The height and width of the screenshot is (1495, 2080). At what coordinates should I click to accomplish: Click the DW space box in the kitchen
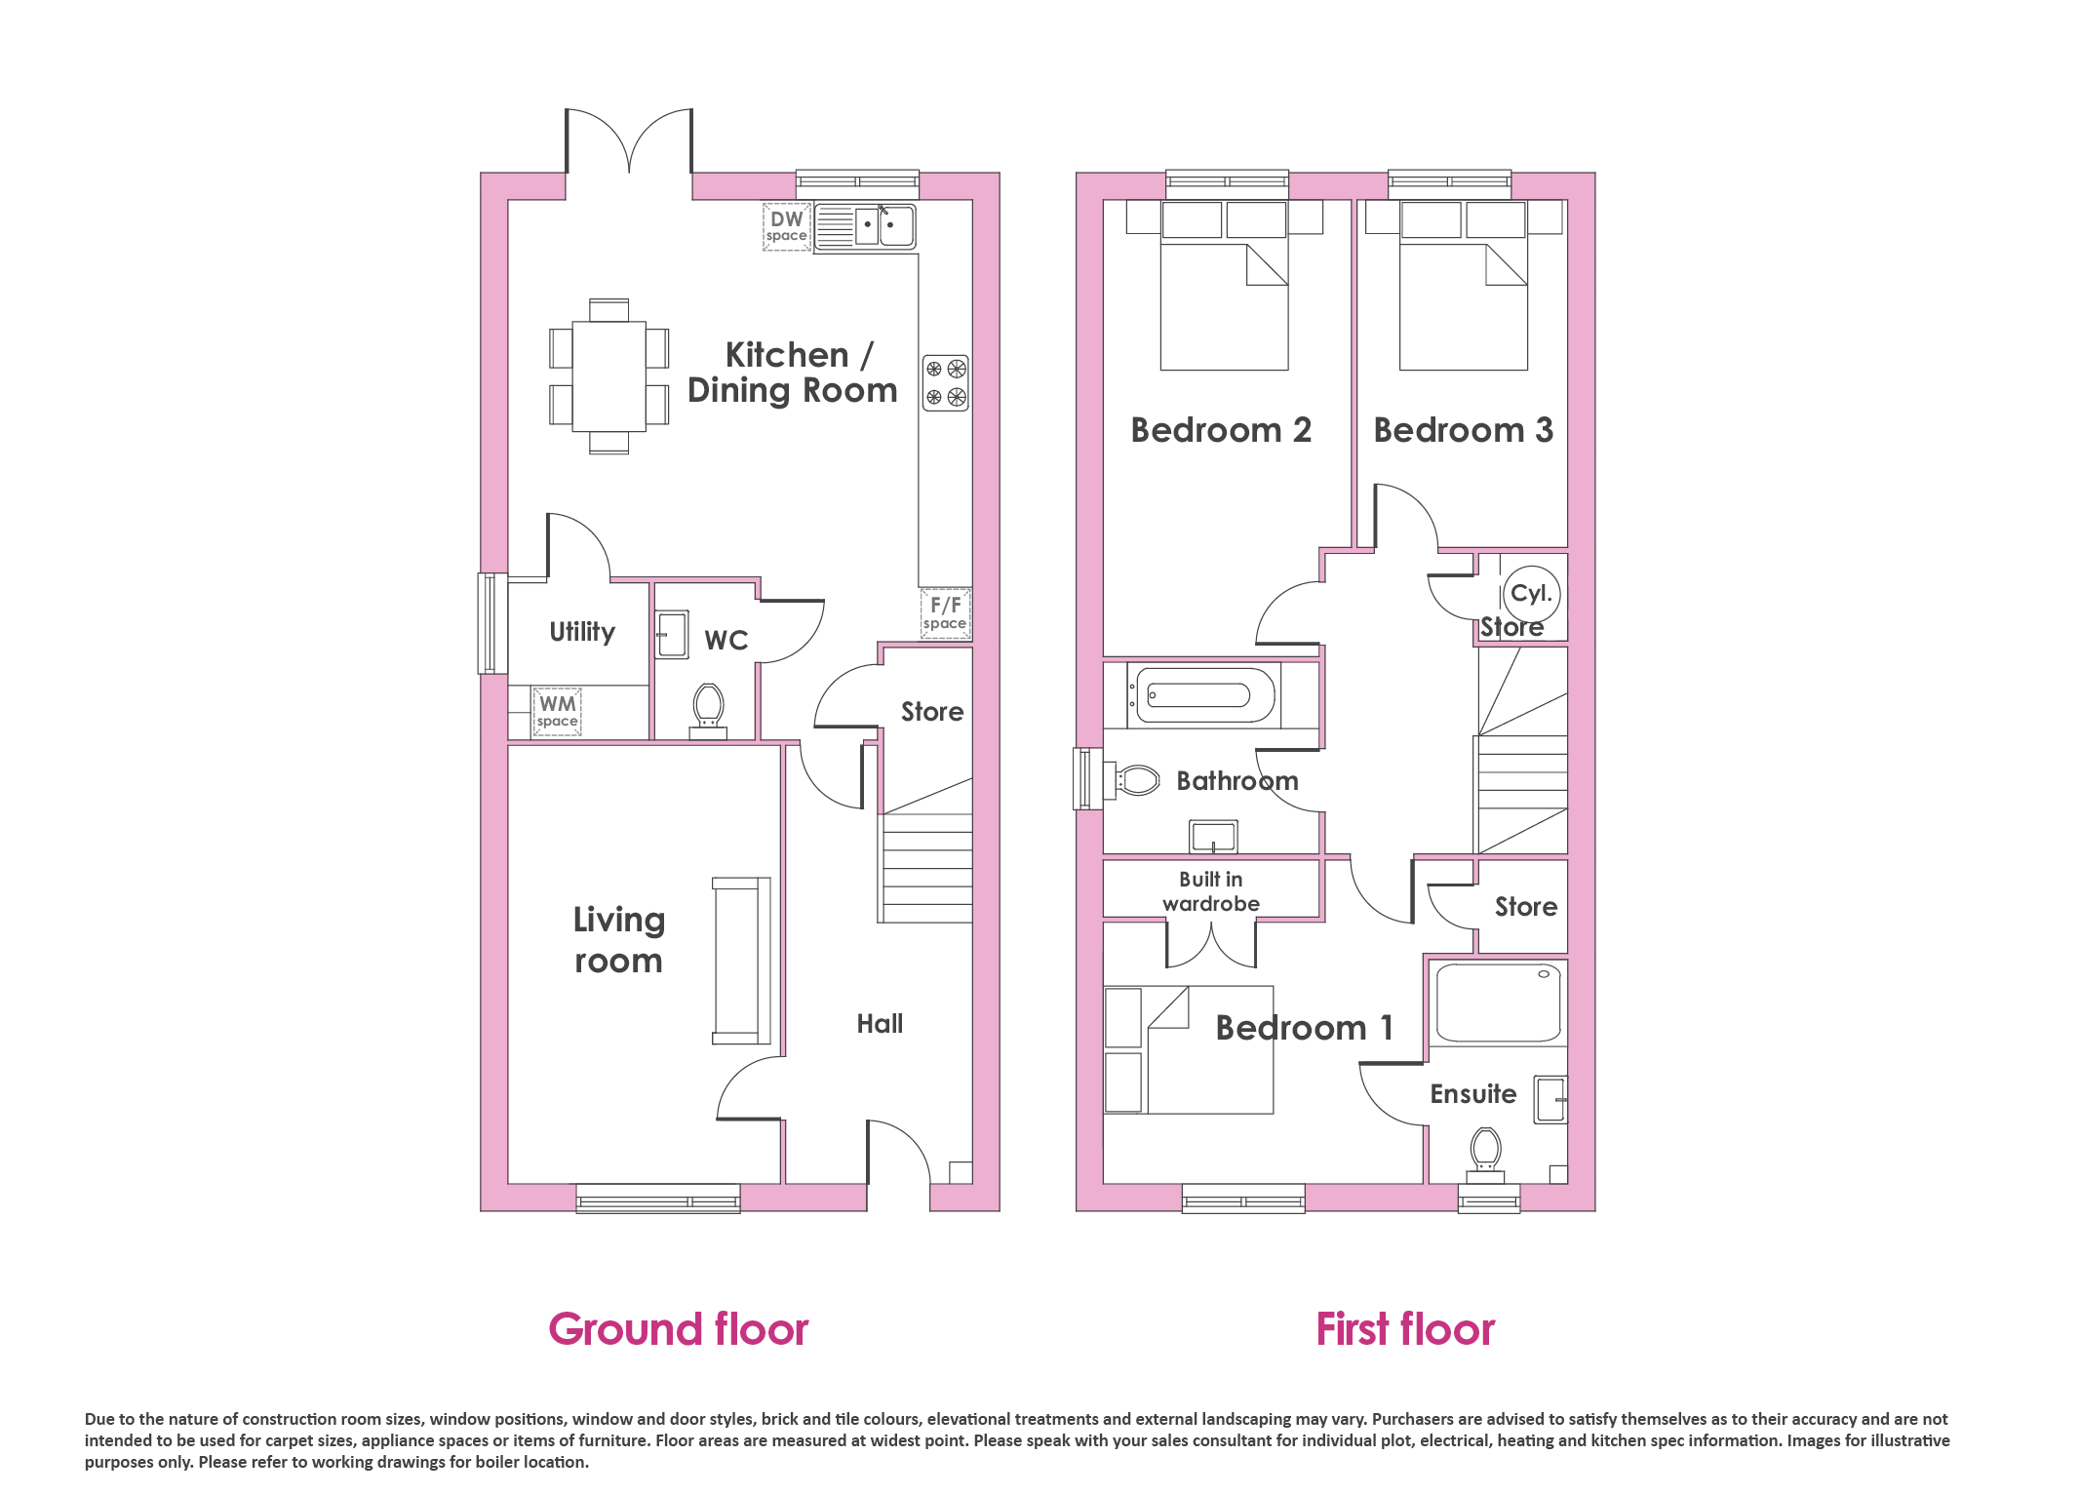(787, 227)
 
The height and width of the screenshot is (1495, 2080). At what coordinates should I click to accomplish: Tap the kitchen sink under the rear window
(865, 226)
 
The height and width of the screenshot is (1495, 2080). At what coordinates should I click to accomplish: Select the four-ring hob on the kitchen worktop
(946, 383)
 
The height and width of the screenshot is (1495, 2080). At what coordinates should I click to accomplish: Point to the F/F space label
(945, 613)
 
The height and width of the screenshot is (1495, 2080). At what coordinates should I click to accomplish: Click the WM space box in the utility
(558, 711)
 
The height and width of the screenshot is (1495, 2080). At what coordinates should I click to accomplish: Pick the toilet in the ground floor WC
(708, 711)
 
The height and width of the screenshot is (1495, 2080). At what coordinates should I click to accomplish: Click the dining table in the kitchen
(609, 376)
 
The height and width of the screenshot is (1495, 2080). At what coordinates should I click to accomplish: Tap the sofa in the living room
(742, 961)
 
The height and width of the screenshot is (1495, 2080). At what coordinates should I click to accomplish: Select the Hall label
(880, 1024)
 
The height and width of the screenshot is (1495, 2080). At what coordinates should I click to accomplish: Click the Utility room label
(582, 632)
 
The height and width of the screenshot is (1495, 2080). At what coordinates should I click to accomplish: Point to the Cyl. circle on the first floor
(1532, 593)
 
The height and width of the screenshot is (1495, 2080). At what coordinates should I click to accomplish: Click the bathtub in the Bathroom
(1204, 695)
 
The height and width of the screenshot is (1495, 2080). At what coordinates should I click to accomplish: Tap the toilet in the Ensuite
(1485, 1155)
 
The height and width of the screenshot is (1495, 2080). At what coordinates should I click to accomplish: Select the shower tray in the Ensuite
(1498, 1003)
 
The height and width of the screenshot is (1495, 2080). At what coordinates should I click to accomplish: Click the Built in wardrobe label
(1211, 891)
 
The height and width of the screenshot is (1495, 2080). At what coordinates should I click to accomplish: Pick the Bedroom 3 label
(1464, 430)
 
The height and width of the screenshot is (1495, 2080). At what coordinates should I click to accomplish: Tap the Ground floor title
(679, 1329)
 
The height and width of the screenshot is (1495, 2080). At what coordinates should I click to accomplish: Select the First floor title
(1405, 1329)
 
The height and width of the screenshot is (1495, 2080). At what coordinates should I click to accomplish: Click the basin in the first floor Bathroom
(1213, 837)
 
